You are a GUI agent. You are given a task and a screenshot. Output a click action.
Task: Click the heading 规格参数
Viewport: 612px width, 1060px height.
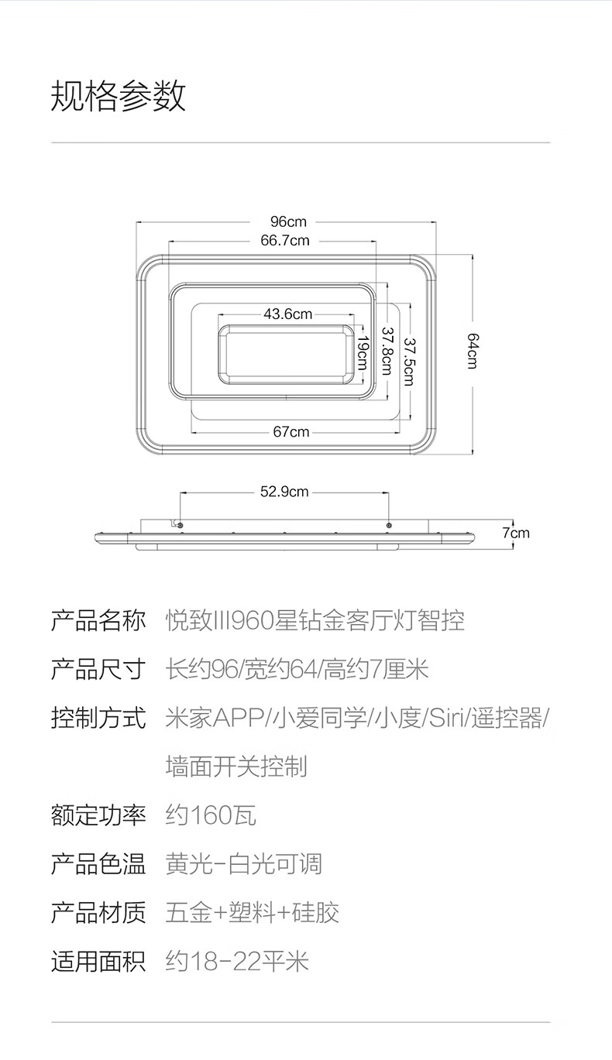pos(119,95)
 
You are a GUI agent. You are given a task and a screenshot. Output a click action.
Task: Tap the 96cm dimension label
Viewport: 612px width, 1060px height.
pos(288,221)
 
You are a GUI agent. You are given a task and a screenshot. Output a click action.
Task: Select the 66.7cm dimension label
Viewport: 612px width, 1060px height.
pos(285,240)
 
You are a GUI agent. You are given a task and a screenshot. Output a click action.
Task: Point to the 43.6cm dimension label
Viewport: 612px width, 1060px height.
pos(287,314)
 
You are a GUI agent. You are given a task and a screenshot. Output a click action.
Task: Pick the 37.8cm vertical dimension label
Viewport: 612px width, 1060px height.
pos(387,351)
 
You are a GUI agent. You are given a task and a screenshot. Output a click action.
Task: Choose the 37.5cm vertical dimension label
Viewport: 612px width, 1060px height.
pos(409,362)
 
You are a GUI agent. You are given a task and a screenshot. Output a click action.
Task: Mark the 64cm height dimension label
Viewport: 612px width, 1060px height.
pos(473,351)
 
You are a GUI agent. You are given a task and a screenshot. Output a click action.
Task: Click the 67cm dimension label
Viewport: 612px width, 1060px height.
pos(291,431)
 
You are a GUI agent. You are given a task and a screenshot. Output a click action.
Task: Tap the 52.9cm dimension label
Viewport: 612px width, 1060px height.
pos(284,492)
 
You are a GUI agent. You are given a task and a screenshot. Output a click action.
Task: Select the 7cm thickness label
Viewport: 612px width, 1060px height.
pos(516,533)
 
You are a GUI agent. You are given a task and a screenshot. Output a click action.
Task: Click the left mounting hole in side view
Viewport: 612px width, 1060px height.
pos(180,525)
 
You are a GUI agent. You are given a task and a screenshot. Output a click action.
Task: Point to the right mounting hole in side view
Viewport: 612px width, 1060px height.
pos(389,525)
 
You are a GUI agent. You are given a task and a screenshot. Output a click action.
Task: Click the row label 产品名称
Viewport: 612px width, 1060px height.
pos(98,620)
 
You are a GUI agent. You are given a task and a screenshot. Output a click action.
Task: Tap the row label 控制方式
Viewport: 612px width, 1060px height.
pos(98,718)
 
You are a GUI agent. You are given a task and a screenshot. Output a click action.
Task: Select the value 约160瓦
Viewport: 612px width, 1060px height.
pos(211,815)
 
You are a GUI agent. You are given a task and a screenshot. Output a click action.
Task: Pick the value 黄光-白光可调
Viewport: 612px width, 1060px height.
pos(244,864)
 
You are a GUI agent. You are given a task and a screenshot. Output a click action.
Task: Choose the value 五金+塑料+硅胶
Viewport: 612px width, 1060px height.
pos(253,913)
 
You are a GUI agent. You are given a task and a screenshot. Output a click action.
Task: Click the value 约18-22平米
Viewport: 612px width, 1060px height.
pos(237,962)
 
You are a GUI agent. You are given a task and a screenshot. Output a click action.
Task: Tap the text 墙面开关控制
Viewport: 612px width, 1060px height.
pos(236,767)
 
